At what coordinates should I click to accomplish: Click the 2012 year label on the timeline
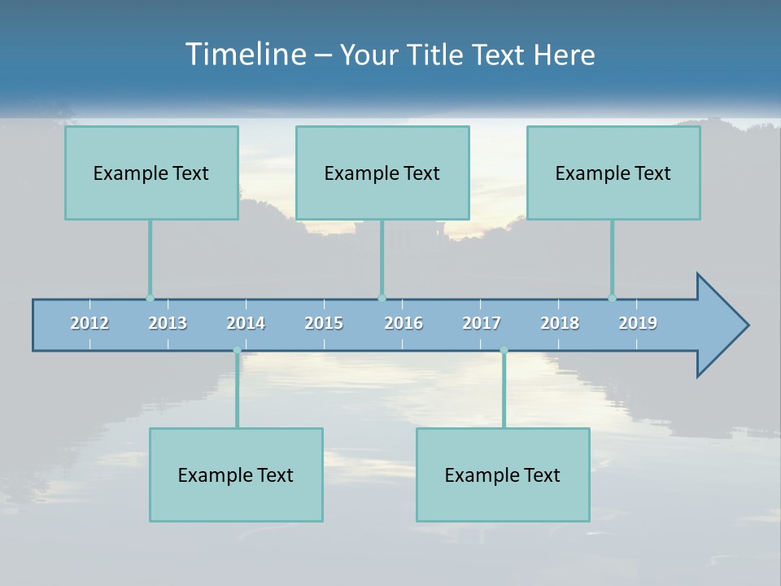(x=89, y=324)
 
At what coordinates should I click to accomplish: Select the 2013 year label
(x=168, y=324)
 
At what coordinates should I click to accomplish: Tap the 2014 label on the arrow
(x=246, y=324)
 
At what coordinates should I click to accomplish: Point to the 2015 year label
(x=324, y=324)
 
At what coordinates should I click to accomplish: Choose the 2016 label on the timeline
(x=404, y=324)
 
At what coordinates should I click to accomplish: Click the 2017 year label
(x=482, y=324)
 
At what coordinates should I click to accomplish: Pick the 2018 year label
(x=560, y=324)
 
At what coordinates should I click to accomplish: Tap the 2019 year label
(x=638, y=324)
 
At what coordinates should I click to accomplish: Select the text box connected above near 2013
(x=151, y=173)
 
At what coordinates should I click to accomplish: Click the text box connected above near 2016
(x=382, y=173)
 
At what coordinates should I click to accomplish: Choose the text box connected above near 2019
(x=613, y=173)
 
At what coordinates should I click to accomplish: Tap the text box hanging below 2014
(x=236, y=474)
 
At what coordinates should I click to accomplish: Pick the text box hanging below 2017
(x=503, y=474)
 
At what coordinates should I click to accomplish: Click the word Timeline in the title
(x=244, y=55)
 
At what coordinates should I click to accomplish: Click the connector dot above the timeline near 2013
(x=150, y=298)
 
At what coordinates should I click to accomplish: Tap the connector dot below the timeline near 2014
(x=237, y=350)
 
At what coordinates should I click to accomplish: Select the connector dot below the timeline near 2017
(x=504, y=350)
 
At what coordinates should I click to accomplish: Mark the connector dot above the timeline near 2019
(x=612, y=298)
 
